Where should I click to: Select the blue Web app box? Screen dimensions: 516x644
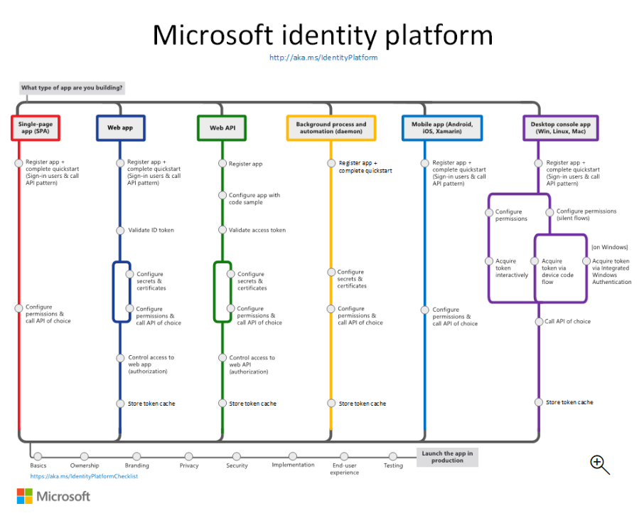click(120, 128)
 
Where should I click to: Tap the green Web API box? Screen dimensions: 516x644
click(222, 128)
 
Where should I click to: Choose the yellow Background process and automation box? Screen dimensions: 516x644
click(331, 128)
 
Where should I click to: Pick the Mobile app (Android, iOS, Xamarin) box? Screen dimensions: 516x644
click(442, 128)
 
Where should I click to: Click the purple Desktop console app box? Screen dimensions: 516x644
click(561, 128)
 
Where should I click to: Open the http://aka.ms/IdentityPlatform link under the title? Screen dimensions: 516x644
click(323, 58)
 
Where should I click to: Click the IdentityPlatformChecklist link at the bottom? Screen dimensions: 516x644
click(84, 476)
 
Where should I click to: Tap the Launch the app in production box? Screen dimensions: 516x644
click(447, 457)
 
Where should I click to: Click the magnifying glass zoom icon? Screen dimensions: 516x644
click(599, 464)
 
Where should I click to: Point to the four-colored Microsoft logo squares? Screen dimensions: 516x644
click(25, 496)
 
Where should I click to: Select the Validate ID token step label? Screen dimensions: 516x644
click(151, 231)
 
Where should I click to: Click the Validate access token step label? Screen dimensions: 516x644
click(257, 231)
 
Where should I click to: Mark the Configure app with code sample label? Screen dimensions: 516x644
click(254, 199)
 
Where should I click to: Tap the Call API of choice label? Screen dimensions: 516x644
click(568, 322)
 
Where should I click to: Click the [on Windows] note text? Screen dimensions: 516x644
click(610, 248)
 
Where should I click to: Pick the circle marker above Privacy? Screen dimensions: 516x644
click(188, 456)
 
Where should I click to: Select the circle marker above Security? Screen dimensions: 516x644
click(237, 456)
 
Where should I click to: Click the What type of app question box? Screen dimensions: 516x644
click(73, 89)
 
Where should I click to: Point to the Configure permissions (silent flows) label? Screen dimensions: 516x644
click(586, 215)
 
